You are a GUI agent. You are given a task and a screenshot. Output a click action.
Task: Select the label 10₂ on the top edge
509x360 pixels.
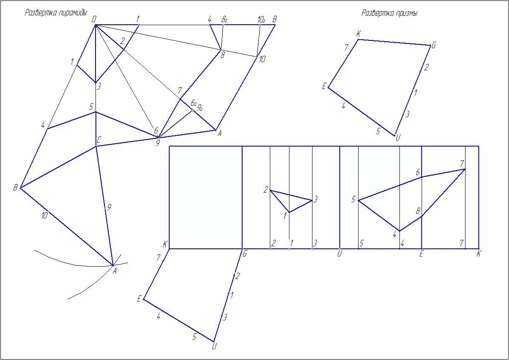coord(262,20)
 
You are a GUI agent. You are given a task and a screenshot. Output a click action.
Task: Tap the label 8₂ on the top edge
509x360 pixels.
coord(224,19)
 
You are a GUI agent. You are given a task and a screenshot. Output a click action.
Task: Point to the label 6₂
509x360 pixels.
coord(193,103)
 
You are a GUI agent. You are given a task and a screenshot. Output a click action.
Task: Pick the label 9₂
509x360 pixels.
coord(200,108)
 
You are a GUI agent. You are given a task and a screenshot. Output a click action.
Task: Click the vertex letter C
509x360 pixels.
coord(99,140)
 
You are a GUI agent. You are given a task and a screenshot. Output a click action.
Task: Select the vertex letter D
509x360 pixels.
coord(94,19)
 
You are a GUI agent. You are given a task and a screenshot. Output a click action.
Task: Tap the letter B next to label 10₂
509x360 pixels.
coord(275,19)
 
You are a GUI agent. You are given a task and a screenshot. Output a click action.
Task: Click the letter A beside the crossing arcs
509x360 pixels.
coord(115,270)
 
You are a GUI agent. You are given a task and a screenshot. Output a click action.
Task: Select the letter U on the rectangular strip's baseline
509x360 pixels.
coord(340,254)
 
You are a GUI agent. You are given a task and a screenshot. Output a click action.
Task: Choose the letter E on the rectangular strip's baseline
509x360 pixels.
coord(421,254)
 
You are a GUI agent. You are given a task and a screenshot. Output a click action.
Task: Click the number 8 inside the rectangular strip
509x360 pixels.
coord(418,211)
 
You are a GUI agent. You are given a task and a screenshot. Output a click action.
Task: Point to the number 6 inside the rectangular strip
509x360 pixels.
coord(418,173)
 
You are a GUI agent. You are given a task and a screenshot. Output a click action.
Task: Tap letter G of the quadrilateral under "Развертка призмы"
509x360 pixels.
coord(434,46)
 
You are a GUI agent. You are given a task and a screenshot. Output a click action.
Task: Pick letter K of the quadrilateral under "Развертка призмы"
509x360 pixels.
coord(359,34)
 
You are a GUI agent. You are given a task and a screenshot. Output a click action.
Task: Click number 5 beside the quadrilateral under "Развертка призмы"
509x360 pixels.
coord(378,131)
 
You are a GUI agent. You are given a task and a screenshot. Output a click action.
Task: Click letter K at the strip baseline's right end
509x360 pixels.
coord(479,254)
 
